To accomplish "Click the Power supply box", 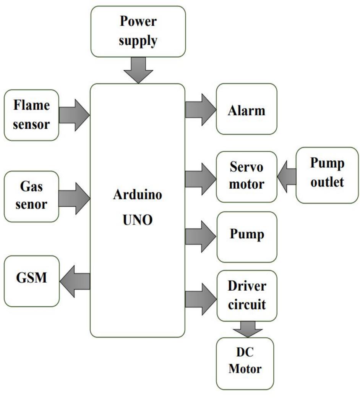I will (138, 31).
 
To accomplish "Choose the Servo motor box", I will (246, 176).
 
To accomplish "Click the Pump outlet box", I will (327, 175).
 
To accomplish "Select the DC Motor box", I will (245, 363).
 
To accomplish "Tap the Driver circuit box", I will (246, 296).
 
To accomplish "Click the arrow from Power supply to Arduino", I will (138, 70).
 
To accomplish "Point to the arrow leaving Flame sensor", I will (74, 114).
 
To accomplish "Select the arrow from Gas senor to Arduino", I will (74, 198).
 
